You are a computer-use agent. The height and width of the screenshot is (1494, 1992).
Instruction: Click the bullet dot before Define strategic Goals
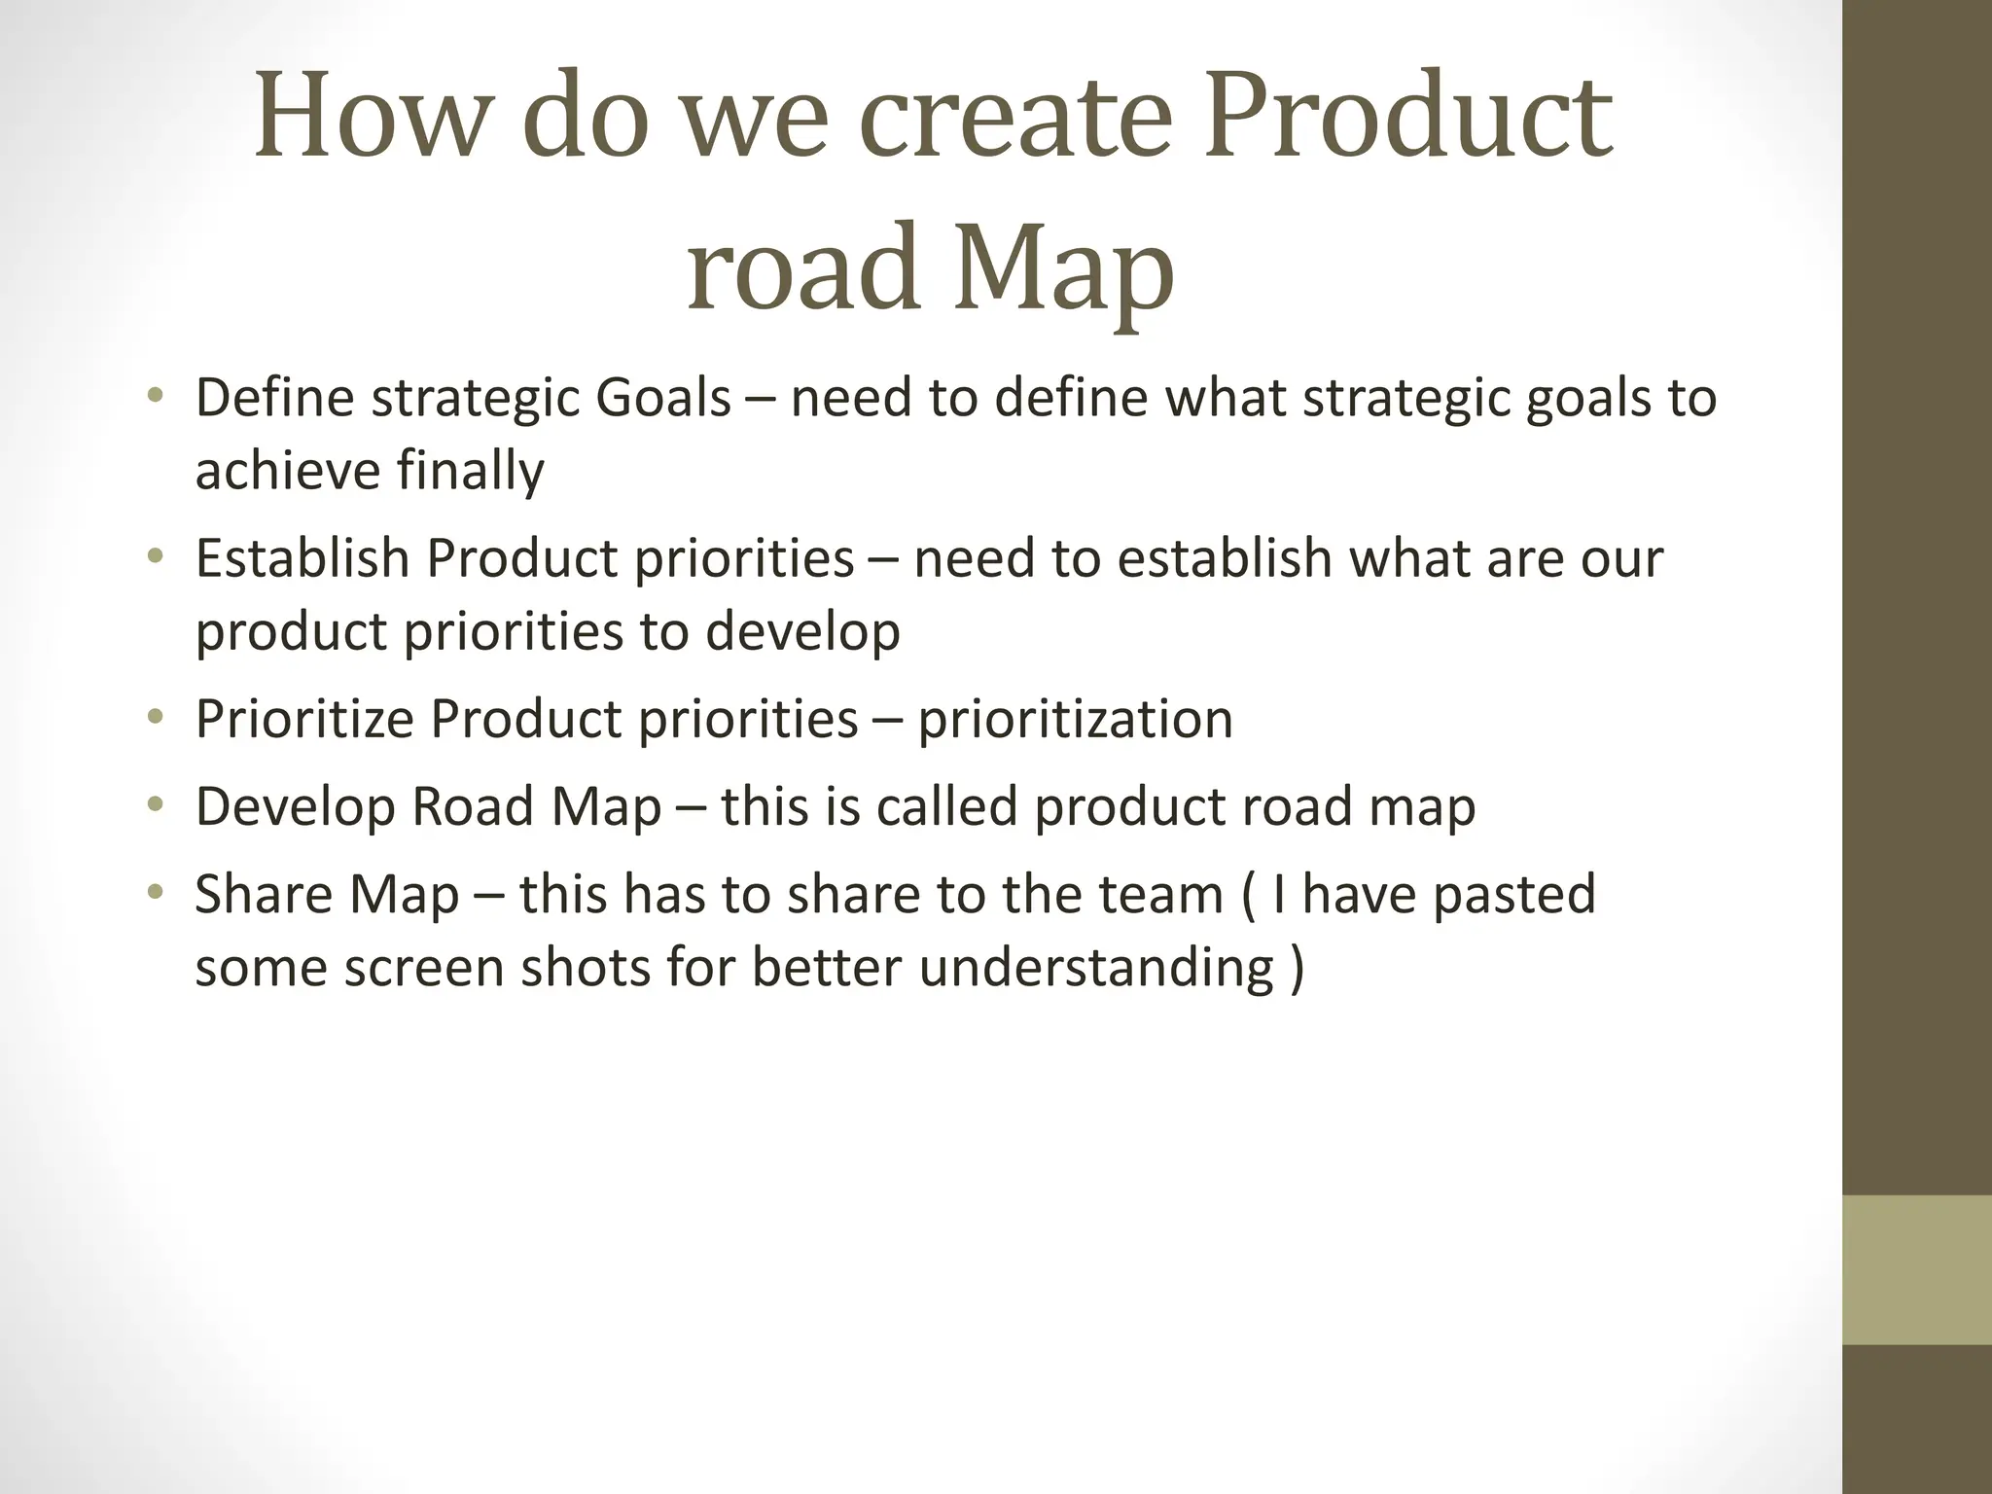[x=155, y=394]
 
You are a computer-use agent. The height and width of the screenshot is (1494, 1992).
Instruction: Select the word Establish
[x=302, y=558]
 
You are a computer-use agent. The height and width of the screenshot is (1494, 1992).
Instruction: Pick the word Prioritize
[x=304, y=720]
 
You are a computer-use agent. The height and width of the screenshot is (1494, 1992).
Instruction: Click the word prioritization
[x=1075, y=720]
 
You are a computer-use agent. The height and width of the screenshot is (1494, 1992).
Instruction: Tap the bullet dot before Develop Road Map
[x=155, y=803]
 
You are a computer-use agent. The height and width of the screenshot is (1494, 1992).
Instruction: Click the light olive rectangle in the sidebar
[x=1916, y=1269]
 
